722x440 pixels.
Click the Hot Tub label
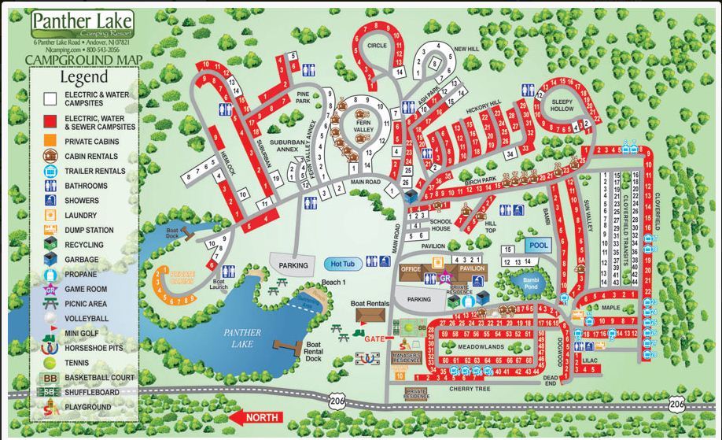coord(344,264)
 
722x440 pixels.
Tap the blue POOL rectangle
coord(538,246)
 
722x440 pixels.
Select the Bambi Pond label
coord(525,281)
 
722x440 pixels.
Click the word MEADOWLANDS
coord(481,347)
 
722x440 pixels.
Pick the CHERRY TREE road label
coord(470,388)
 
